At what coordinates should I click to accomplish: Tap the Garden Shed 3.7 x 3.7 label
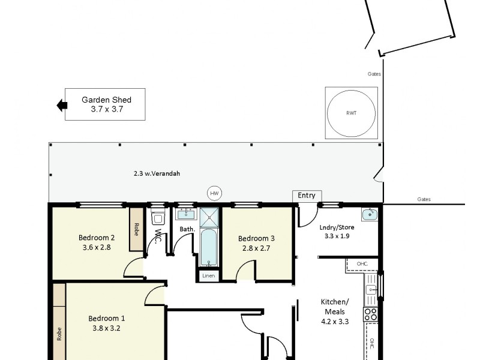(106, 104)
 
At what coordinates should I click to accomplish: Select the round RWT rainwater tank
(352, 112)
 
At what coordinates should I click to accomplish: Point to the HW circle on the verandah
(214, 193)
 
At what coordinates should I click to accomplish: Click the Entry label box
(307, 196)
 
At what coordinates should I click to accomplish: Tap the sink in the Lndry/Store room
(369, 215)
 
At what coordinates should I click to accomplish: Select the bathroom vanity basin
(185, 214)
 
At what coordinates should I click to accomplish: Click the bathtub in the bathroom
(208, 247)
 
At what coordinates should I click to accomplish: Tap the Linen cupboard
(208, 275)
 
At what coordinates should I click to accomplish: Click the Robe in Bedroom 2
(136, 229)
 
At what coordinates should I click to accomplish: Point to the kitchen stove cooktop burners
(371, 314)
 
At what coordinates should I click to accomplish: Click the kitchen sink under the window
(372, 291)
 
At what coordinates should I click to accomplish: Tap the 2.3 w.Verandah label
(157, 173)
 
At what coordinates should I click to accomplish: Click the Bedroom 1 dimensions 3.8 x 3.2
(107, 328)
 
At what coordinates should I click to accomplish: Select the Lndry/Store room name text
(336, 227)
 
